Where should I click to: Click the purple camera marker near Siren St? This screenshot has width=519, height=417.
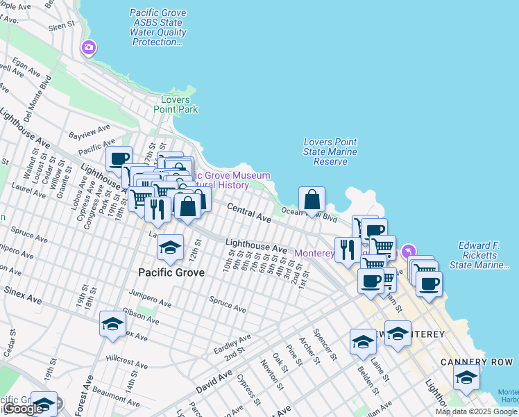pyautogui.click(x=88, y=48)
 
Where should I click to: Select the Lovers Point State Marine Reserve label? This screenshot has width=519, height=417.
pyautogui.click(x=330, y=152)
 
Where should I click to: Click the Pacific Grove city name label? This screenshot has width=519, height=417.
pyautogui.click(x=171, y=272)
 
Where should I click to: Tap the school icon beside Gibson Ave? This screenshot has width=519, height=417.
pyautogui.click(x=112, y=324)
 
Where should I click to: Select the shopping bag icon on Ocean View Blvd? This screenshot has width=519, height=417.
pyautogui.click(x=312, y=199)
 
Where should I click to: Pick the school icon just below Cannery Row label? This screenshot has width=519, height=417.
pyautogui.click(x=466, y=378)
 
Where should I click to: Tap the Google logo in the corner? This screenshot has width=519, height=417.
pyautogui.click(x=23, y=409)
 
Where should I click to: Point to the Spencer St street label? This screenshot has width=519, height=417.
pyautogui.click(x=324, y=344)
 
